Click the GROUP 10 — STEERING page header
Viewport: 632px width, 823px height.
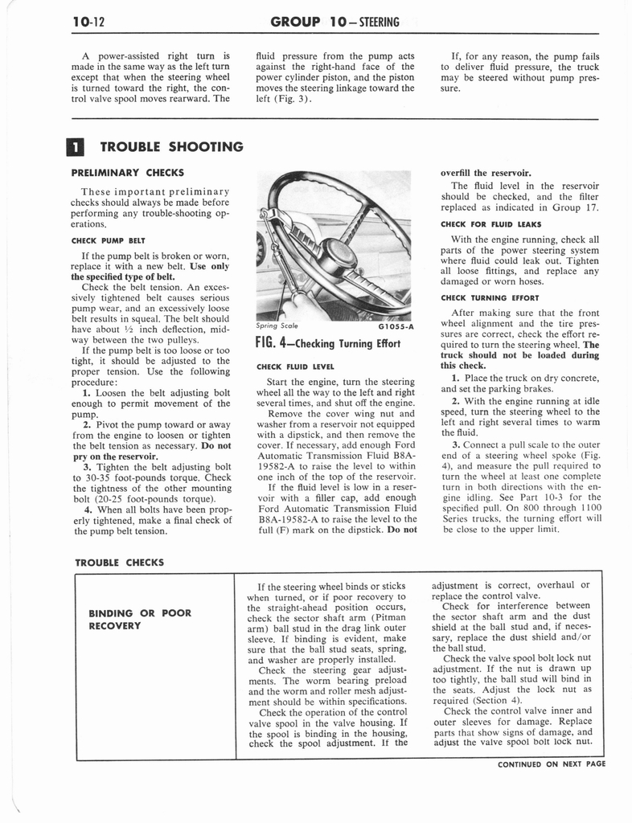[336, 22]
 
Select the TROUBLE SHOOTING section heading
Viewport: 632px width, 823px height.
[170, 146]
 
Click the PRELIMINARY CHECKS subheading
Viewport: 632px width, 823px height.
[128, 172]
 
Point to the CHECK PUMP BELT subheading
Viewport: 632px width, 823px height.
[109, 239]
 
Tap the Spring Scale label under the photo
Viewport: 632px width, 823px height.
[277, 326]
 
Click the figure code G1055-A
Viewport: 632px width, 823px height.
[394, 327]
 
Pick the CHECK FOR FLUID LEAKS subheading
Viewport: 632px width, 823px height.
[491, 224]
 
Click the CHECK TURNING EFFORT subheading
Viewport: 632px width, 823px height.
[489, 297]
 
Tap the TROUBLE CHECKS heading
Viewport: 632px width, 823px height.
[119, 563]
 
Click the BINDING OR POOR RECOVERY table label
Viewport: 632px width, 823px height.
[139, 620]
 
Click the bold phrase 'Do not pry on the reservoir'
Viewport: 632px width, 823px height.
[153, 450]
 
